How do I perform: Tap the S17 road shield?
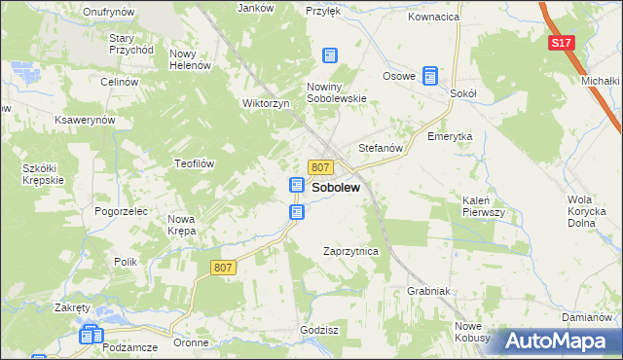(560, 44)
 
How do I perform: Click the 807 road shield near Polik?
(223, 266)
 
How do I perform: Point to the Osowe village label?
(399, 76)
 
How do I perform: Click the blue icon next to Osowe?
(429, 74)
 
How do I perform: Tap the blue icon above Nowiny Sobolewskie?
(330, 56)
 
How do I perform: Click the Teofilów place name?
(194, 163)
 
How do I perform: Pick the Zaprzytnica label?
(350, 251)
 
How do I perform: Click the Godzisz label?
(319, 331)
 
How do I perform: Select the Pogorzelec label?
(122, 210)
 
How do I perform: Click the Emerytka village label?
(450, 137)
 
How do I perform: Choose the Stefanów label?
(381, 148)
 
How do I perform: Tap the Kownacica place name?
(434, 18)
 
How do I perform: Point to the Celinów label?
(119, 82)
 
